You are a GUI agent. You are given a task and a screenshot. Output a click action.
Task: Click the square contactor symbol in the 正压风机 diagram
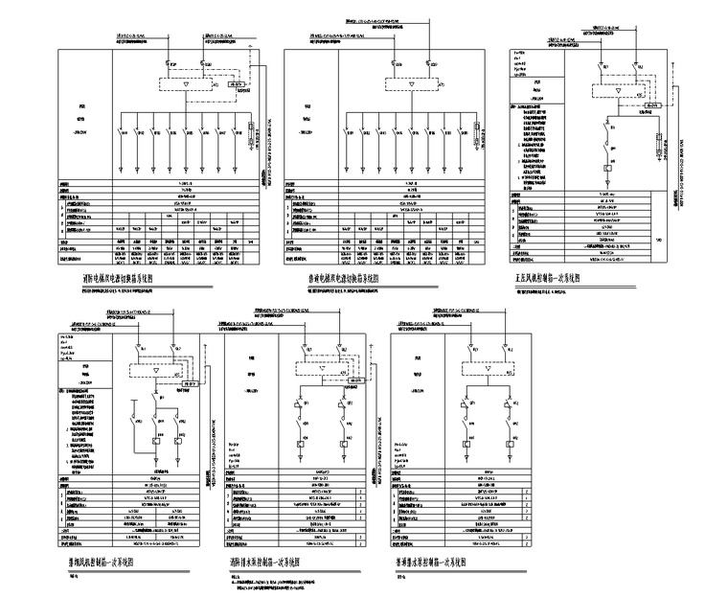point(610,170)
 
